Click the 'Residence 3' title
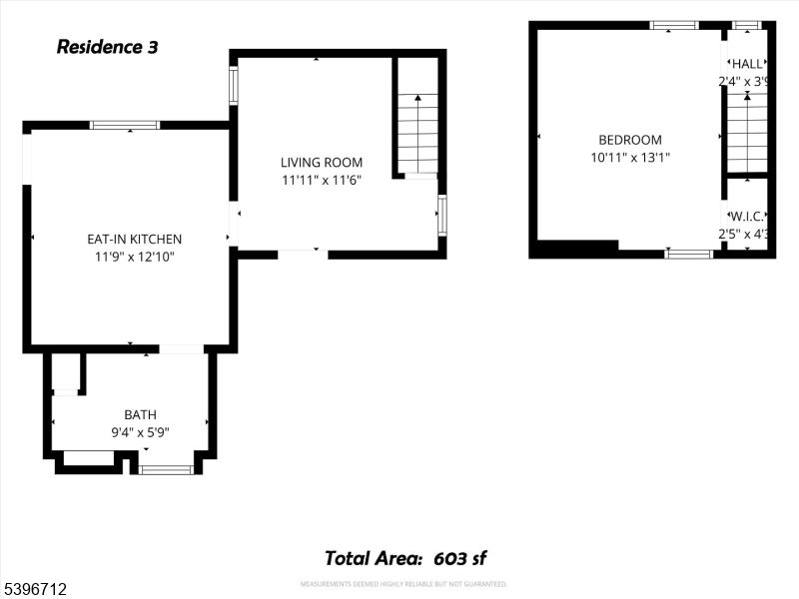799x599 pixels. click(107, 46)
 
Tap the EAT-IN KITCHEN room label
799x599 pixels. click(134, 239)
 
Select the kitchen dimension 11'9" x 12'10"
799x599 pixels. click(134, 257)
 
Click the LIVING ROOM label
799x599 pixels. click(321, 163)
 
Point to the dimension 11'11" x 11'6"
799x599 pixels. click(321, 181)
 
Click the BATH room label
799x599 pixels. click(140, 415)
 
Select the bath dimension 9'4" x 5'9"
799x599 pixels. click(140, 433)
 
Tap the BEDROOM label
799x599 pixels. click(629, 141)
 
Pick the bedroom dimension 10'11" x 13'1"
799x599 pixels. click(629, 157)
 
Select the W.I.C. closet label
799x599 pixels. click(747, 217)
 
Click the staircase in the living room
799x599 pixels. click(417, 133)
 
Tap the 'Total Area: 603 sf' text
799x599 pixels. click(404, 558)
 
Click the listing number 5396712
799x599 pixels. click(35, 590)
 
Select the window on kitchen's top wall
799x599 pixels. click(124, 125)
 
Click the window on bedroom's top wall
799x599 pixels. click(674, 25)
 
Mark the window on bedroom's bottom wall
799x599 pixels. click(689, 254)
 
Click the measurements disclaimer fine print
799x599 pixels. click(403, 584)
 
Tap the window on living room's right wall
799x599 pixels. click(441, 215)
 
